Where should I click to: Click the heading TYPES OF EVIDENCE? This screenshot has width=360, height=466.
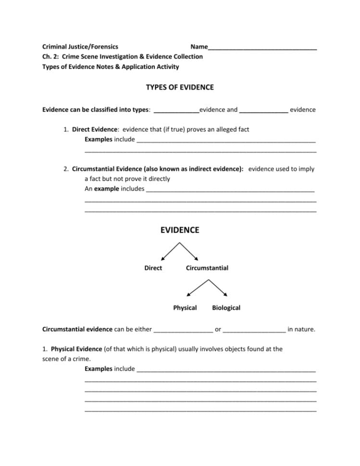pos(180,87)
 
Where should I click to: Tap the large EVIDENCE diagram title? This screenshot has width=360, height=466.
pos(180,231)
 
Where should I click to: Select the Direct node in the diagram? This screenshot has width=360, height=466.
pos(153,268)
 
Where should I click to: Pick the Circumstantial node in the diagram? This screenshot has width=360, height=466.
pos(207,268)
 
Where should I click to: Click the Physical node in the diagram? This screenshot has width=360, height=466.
pos(185,307)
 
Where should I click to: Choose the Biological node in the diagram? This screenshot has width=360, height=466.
pos(226,307)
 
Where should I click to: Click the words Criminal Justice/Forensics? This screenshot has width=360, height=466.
pos(80,47)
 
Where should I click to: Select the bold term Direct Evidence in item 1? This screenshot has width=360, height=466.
pos(95,130)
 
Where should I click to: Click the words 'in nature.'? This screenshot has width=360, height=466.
pos(301,330)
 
